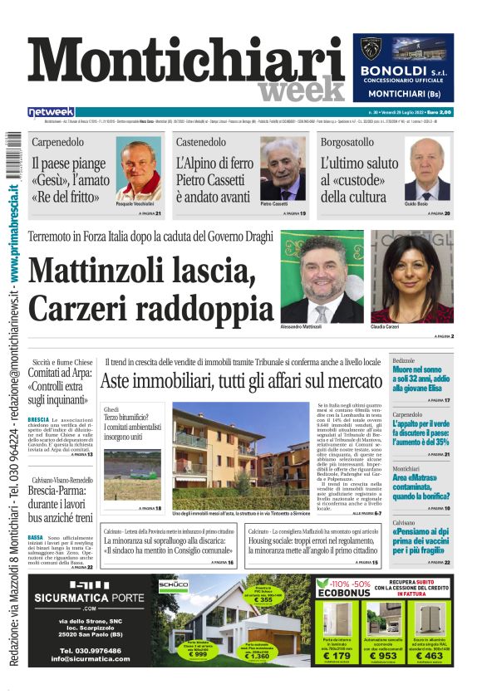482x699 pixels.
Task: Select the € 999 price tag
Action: click(199, 655)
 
